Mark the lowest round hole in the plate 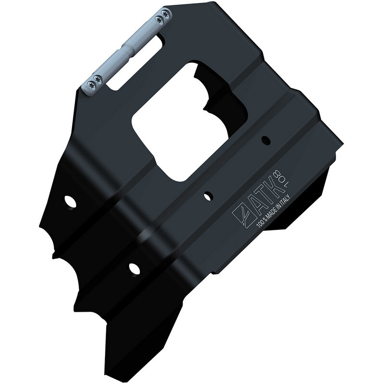pos(134,268)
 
